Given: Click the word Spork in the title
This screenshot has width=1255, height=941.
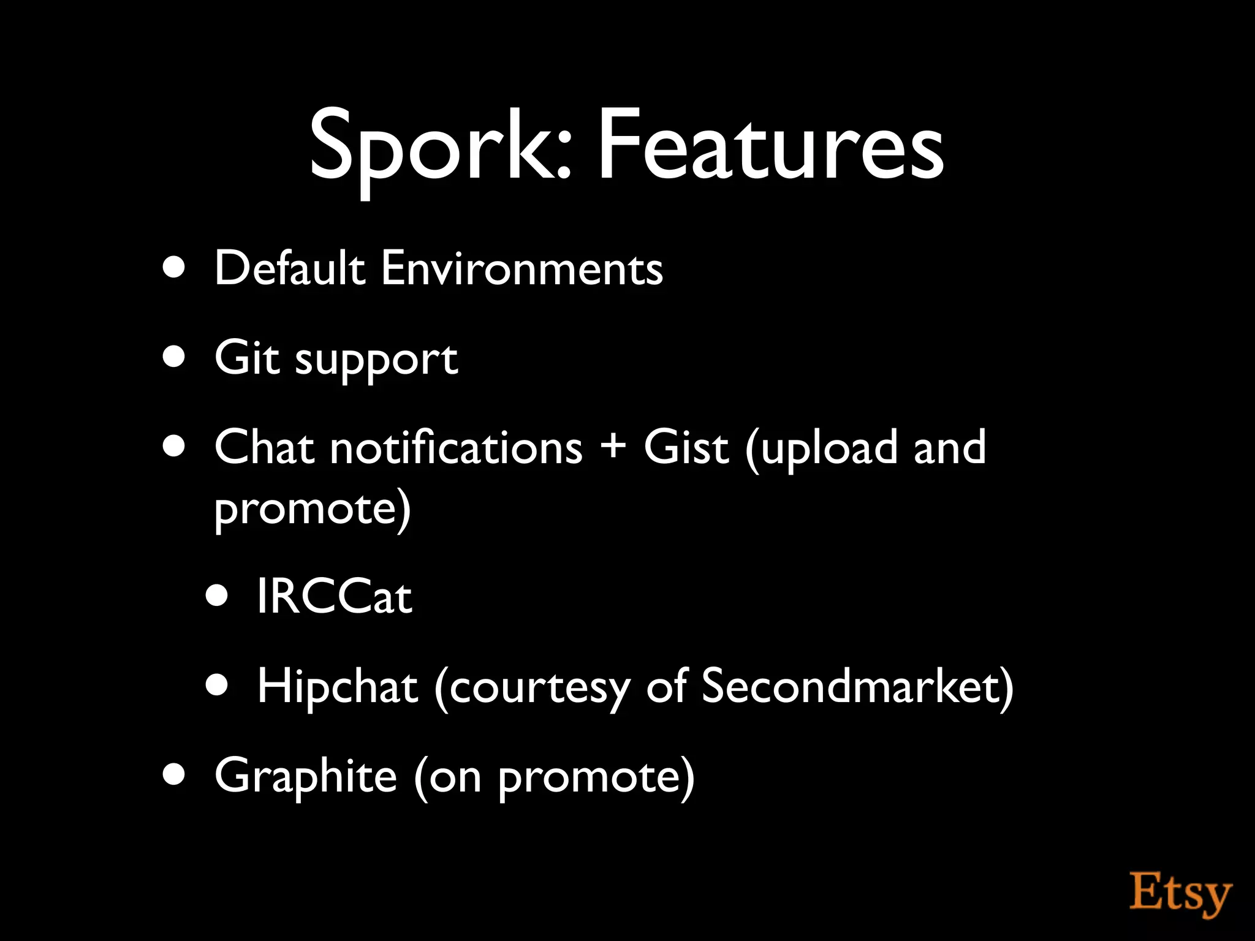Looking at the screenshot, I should click(439, 147).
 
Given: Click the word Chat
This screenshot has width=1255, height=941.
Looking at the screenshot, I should click(265, 447).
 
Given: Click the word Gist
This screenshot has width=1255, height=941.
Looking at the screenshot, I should click(686, 447).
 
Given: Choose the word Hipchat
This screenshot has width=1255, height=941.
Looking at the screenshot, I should click(337, 686).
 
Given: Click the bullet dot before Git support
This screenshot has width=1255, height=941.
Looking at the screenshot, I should click(175, 357).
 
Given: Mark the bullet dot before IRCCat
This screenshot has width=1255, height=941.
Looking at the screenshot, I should click(217, 595).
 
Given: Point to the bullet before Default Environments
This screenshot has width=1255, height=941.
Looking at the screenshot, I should click(175, 268).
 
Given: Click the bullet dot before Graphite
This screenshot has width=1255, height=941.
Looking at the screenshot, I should click(175, 775).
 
